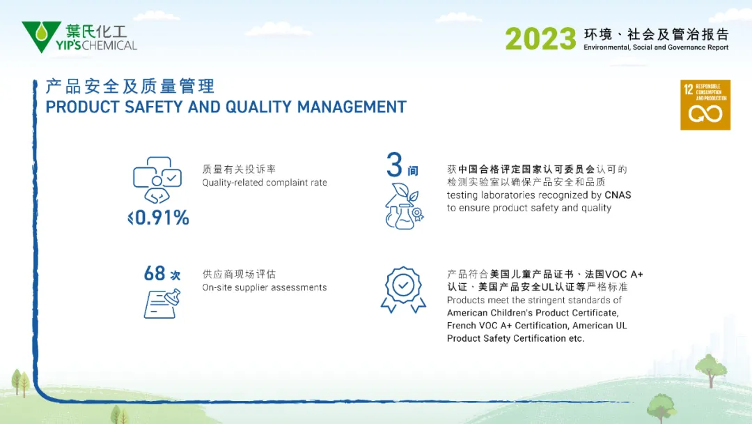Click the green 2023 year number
[540, 39]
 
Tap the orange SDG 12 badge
[705, 105]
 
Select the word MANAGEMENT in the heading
[352, 107]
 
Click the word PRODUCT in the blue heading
[82, 107]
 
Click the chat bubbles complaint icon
[157, 180]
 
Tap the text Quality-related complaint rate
[265, 183]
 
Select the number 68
[155, 273]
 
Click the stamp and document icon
[162, 303]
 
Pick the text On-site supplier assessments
[265, 287]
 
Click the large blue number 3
[394, 165]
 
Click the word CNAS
[618, 195]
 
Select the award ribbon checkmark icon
[403, 289]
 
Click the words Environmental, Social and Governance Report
[656, 47]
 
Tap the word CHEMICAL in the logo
[109, 45]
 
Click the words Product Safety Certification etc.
[515, 338]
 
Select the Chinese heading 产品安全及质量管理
[130, 86]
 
